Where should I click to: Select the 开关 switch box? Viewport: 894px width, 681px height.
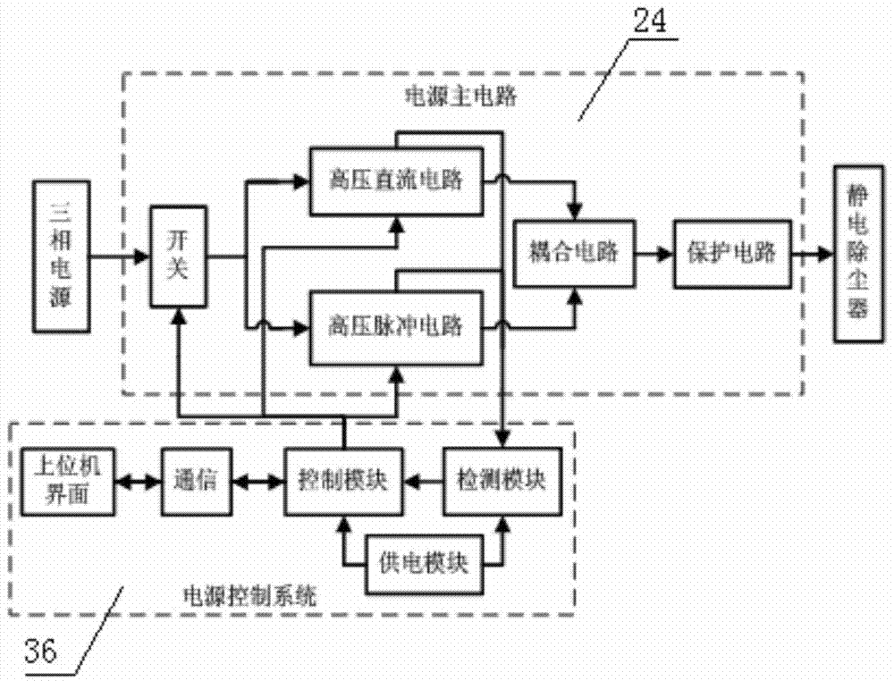tap(179, 256)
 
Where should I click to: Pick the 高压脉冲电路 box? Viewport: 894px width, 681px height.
tap(394, 327)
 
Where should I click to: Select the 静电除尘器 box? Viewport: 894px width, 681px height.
tap(861, 254)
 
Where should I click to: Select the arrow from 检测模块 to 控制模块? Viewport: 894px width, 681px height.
tap(423, 482)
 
